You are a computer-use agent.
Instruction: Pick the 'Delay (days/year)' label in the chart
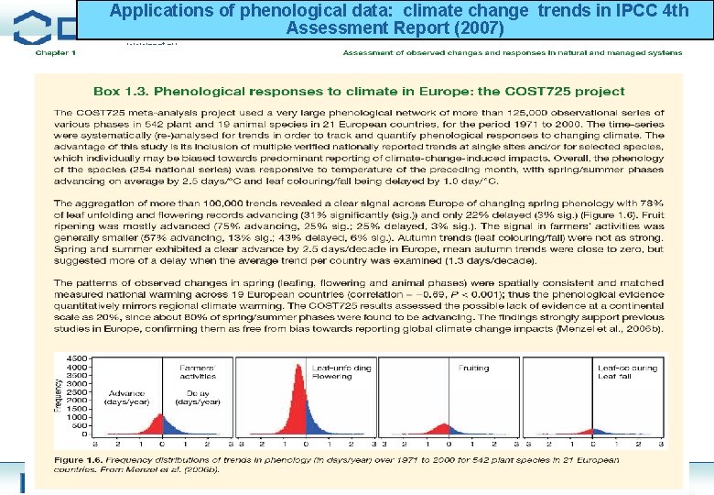[197, 397]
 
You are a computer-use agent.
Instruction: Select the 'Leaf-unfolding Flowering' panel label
[341, 371]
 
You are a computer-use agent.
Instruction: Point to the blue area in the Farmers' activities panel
[169, 428]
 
